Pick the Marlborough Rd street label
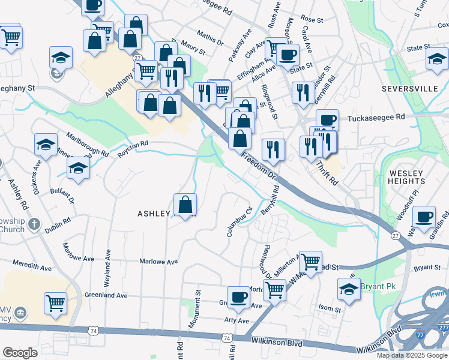87,144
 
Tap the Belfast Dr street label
62,193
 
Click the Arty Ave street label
237,321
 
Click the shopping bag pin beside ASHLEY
185,205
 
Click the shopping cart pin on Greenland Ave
56,303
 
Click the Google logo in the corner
20,353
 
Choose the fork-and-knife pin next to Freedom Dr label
273,150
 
